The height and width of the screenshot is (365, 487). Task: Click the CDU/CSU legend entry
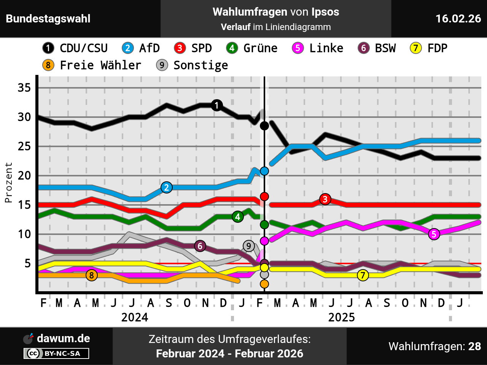tap(75, 48)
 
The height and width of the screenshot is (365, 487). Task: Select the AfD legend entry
tap(141, 48)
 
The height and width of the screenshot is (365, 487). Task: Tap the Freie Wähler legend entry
tap(92, 65)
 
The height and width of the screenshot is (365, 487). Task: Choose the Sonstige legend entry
tap(192, 65)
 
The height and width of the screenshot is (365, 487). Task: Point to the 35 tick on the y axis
tap(24, 88)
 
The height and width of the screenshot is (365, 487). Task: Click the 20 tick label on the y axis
tap(24, 176)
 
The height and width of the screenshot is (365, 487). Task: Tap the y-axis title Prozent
tap(8, 182)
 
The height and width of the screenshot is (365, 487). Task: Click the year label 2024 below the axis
tap(135, 317)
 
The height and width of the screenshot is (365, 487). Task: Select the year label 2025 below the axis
tap(341, 317)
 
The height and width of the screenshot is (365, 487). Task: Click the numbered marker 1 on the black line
tap(217, 105)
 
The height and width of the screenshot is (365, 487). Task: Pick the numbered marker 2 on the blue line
tap(166, 187)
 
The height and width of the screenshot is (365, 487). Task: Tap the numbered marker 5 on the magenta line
tap(434, 234)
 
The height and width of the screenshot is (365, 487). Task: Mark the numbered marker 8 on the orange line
tap(91, 275)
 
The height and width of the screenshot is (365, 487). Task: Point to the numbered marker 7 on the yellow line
tap(363, 275)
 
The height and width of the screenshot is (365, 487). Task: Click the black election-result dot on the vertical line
tap(264, 126)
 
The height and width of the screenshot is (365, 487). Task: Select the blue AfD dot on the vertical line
tap(264, 171)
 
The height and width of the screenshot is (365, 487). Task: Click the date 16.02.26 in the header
tap(458, 19)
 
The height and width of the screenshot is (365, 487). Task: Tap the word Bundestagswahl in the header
tap(48, 19)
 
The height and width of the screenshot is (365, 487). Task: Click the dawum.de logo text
tap(63, 338)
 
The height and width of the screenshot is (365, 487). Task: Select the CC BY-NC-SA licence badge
tap(56, 354)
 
